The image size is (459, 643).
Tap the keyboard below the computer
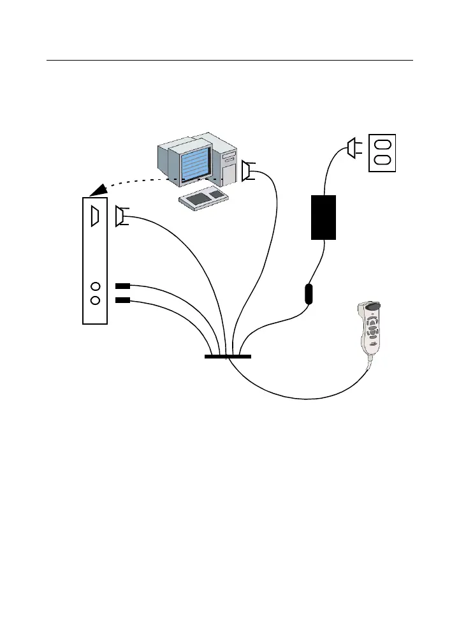(204, 198)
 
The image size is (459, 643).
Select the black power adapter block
(323, 217)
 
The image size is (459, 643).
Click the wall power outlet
(382, 152)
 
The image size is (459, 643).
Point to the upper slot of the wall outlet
(382, 144)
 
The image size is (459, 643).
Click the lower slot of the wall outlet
(382, 160)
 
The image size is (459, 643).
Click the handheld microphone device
(370, 331)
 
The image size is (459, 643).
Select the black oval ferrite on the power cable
(309, 294)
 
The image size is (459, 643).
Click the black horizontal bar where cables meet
(228, 356)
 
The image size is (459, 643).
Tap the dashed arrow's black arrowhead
(98, 189)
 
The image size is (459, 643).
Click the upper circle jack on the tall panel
(96, 287)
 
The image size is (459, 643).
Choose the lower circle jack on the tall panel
(96, 300)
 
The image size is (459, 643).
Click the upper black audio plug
(122, 286)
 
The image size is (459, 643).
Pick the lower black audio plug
(122, 300)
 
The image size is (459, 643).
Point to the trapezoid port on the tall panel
(95, 216)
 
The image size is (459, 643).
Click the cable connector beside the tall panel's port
(120, 216)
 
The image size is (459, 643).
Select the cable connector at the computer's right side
(246, 171)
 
